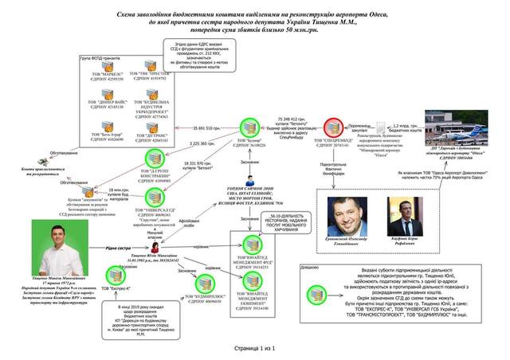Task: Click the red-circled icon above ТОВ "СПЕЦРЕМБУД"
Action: click(x=335, y=127)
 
